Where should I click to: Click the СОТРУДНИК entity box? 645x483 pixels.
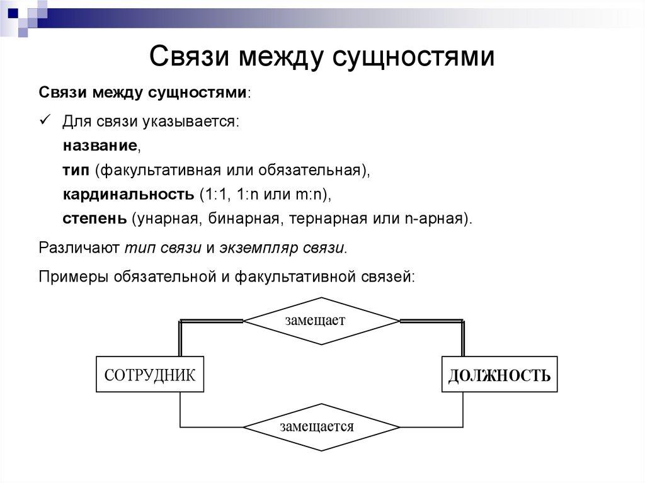coord(150,375)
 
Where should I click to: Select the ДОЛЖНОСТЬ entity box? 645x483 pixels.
coord(499,376)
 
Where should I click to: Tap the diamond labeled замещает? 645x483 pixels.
coord(321,321)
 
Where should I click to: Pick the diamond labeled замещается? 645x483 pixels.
coord(321,427)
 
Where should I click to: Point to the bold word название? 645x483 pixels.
coord(100,145)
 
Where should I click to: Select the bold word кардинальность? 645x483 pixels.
coord(128,195)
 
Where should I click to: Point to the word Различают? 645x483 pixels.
coord(79,247)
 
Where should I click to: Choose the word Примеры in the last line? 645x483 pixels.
coord(74,276)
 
